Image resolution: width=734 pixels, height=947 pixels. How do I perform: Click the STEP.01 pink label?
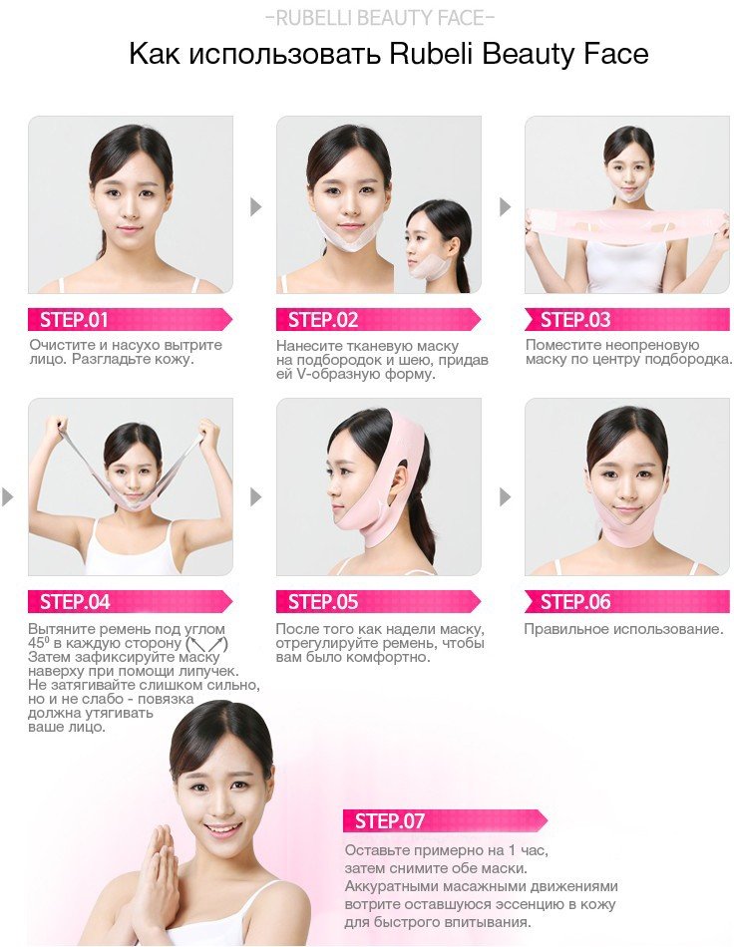[x=130, y=320]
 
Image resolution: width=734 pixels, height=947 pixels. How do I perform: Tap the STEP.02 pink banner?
[x=378, y=320]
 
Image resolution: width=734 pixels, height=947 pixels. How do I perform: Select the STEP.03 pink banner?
[x=627, y=320]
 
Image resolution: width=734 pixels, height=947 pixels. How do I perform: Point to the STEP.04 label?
[x=130, y=601]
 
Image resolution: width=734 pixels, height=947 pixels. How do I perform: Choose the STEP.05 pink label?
[x=378, y=601]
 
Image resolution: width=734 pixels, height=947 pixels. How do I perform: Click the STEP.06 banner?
[x=627, y=601]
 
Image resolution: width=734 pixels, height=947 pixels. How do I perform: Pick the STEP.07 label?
[x=445, y=820]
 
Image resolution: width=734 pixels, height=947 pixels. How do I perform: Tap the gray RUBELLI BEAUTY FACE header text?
[x=380, y=18]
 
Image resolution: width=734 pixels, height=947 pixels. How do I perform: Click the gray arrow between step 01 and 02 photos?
[x=255, y=206]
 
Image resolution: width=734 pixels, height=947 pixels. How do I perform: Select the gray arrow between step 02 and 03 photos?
[x=505, y=206]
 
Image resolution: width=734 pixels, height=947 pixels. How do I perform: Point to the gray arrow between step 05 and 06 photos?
[x=505, y=497]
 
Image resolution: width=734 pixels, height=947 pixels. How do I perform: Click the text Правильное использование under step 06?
[x=623, y=629]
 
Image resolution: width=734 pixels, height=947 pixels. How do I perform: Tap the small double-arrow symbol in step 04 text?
[x=207, y=644]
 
